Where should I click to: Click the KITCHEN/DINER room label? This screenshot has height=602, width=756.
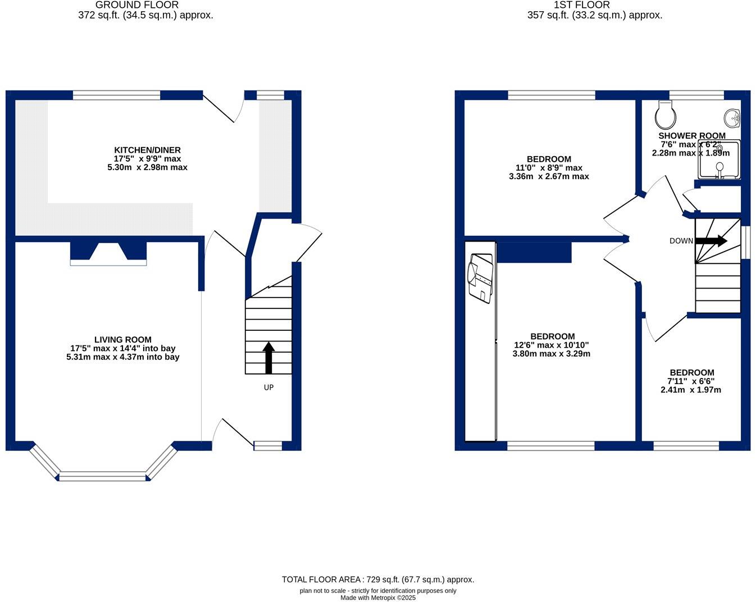point(147,150)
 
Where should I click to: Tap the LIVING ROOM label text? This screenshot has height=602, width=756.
point(122,339)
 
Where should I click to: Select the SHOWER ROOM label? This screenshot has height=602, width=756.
point(691,136)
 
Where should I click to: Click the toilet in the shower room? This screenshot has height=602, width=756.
point(666,115)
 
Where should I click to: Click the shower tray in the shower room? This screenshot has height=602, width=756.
point(719,160)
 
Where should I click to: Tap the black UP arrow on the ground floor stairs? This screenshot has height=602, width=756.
point(268,358)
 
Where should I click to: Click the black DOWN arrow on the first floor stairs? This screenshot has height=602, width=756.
point(712,241)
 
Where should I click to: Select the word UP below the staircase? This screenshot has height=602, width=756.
point(268,387)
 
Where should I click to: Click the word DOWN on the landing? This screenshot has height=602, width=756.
point(681,241)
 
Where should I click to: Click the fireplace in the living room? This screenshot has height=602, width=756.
point(108,254)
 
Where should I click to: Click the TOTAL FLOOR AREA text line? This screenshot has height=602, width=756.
point(377,580)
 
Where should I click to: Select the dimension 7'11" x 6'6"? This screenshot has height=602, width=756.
point(691,381)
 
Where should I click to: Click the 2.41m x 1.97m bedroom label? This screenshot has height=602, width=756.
point(691,390)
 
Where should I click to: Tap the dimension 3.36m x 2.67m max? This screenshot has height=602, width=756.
point(548,176)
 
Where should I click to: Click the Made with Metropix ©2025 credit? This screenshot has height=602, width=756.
point(377,598)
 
